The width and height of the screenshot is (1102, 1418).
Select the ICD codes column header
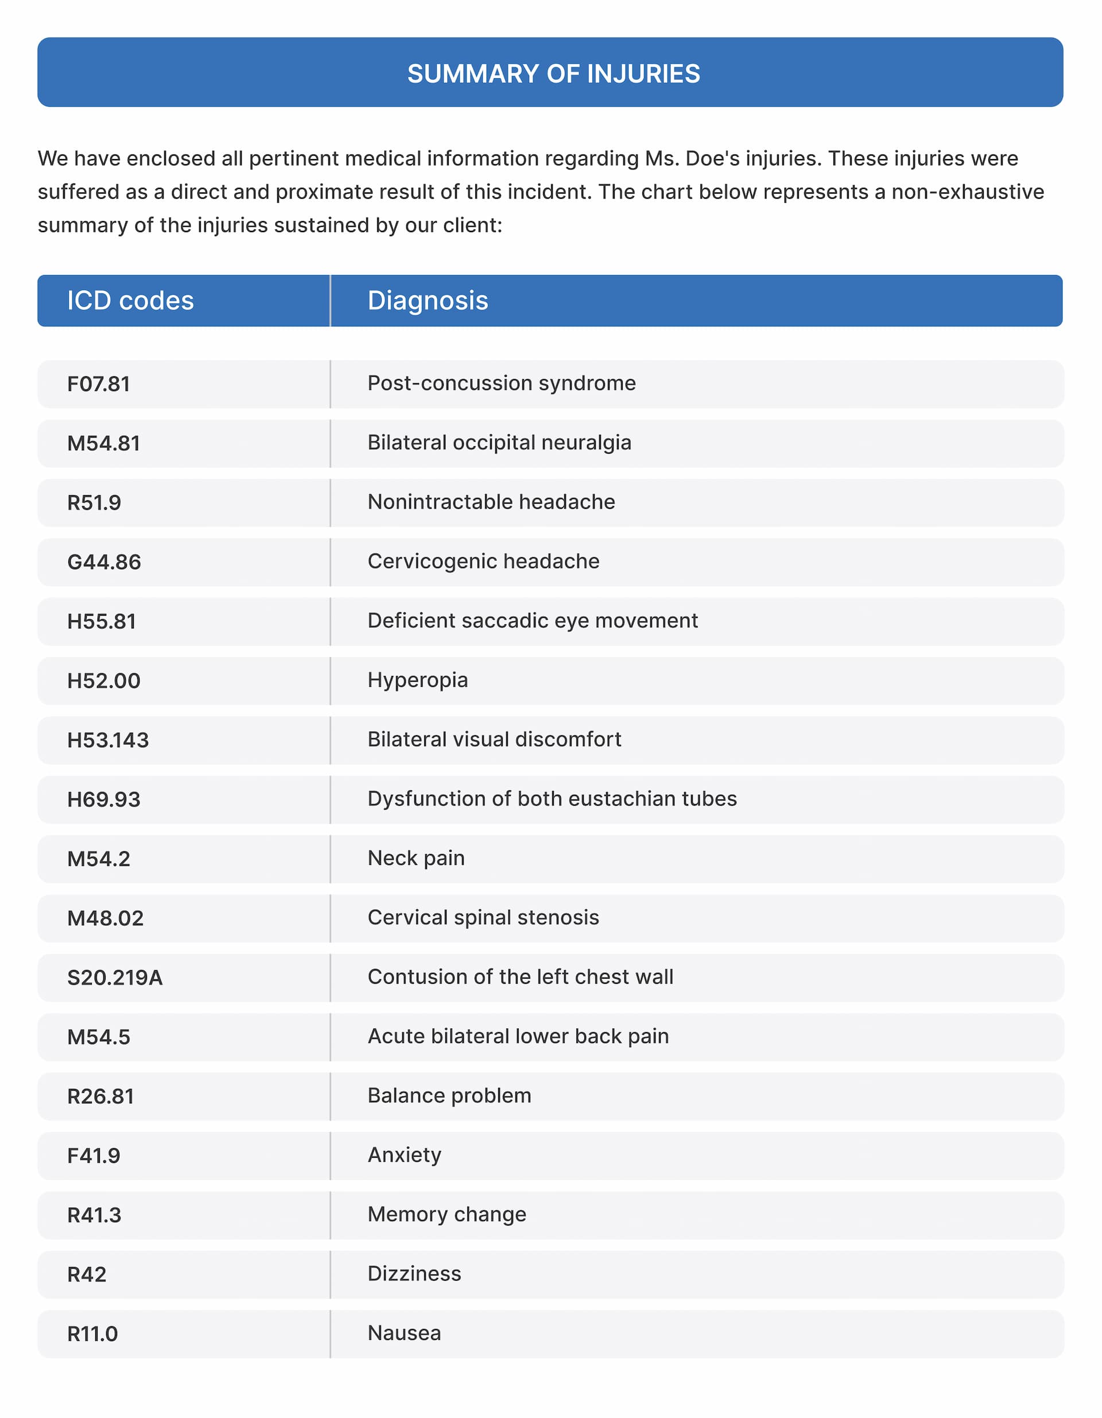[130, 300]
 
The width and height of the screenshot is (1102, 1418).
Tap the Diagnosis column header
[427, 300]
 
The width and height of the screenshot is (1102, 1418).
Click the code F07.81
[99, 384]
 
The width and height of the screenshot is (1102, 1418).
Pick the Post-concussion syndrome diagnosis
[501, 383]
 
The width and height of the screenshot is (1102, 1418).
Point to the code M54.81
[104, 443]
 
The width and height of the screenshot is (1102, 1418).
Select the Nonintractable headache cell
[491, 502]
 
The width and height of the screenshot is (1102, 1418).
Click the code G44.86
[104, 562]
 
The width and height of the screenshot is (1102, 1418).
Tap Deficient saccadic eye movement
[532, 621]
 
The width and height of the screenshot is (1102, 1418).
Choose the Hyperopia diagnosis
[417, 680]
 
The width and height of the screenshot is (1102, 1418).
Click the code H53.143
[108, 740]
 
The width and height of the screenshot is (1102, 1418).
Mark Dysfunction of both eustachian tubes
[552, 799]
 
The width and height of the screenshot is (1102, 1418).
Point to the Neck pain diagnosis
[416, 859]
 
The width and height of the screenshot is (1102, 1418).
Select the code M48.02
[105, 918]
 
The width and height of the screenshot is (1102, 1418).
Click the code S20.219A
[115, 978]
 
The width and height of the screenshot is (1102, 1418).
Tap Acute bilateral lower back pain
[518, 1036]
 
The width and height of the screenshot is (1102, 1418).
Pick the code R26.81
[100, 1096]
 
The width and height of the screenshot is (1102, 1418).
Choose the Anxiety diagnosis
[404, 1155]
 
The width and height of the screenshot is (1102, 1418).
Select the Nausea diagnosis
[403, 1333]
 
